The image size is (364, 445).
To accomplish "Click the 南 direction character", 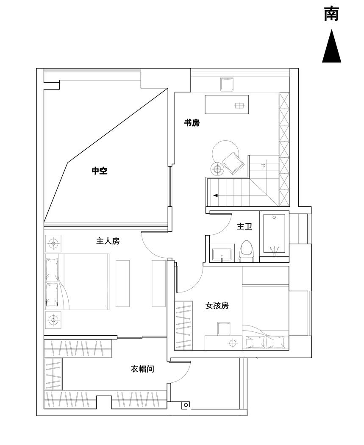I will tap(331, 14).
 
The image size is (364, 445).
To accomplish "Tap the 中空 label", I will tap(100, 171).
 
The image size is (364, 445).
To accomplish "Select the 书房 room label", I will tap(192, 123).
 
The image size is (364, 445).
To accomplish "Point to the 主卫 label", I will tap(245, 227).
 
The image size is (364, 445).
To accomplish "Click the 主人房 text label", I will tap(108, 241).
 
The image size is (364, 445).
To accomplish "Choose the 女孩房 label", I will tap(217, 305).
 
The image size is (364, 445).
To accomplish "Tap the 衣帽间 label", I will tap(142, 369).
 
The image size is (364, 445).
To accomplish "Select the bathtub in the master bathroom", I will tap(274, 234).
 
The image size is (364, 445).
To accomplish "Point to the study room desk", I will tap(227, 105).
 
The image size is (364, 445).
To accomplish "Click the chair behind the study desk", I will tap(227, 84).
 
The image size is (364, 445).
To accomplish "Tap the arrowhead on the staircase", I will tap(216, 195).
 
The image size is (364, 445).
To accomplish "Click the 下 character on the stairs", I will tap(263, 166).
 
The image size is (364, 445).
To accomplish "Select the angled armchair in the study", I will tap(232, 162).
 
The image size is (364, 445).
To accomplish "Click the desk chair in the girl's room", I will tap(223, 329).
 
